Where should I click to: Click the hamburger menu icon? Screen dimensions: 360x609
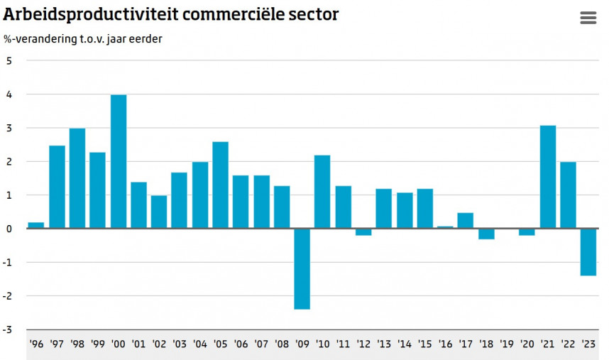pos(588,18)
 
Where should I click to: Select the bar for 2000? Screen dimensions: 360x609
pos(119,162)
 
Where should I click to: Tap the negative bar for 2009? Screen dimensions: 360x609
pos(302,268)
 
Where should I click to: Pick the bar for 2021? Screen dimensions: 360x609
pos(548,177)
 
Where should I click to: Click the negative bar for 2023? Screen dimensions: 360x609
pos(588,252)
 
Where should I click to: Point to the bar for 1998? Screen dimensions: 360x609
pos(77,178)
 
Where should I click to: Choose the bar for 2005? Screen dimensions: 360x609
pos(221,185)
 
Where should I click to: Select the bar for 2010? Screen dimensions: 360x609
pos(322,192)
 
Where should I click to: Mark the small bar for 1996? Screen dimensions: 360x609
pos(36,225)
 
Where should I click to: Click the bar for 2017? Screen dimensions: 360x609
pos(466,220)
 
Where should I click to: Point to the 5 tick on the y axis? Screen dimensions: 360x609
pos(9,61)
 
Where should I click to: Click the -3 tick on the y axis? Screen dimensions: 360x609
pos(7,329)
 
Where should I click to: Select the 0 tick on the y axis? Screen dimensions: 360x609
pos(9,229)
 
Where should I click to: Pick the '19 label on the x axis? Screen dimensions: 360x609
pos(506,344)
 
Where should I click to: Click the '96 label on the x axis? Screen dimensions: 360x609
pos(36,344)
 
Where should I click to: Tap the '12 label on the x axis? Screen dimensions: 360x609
pos(363,344)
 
